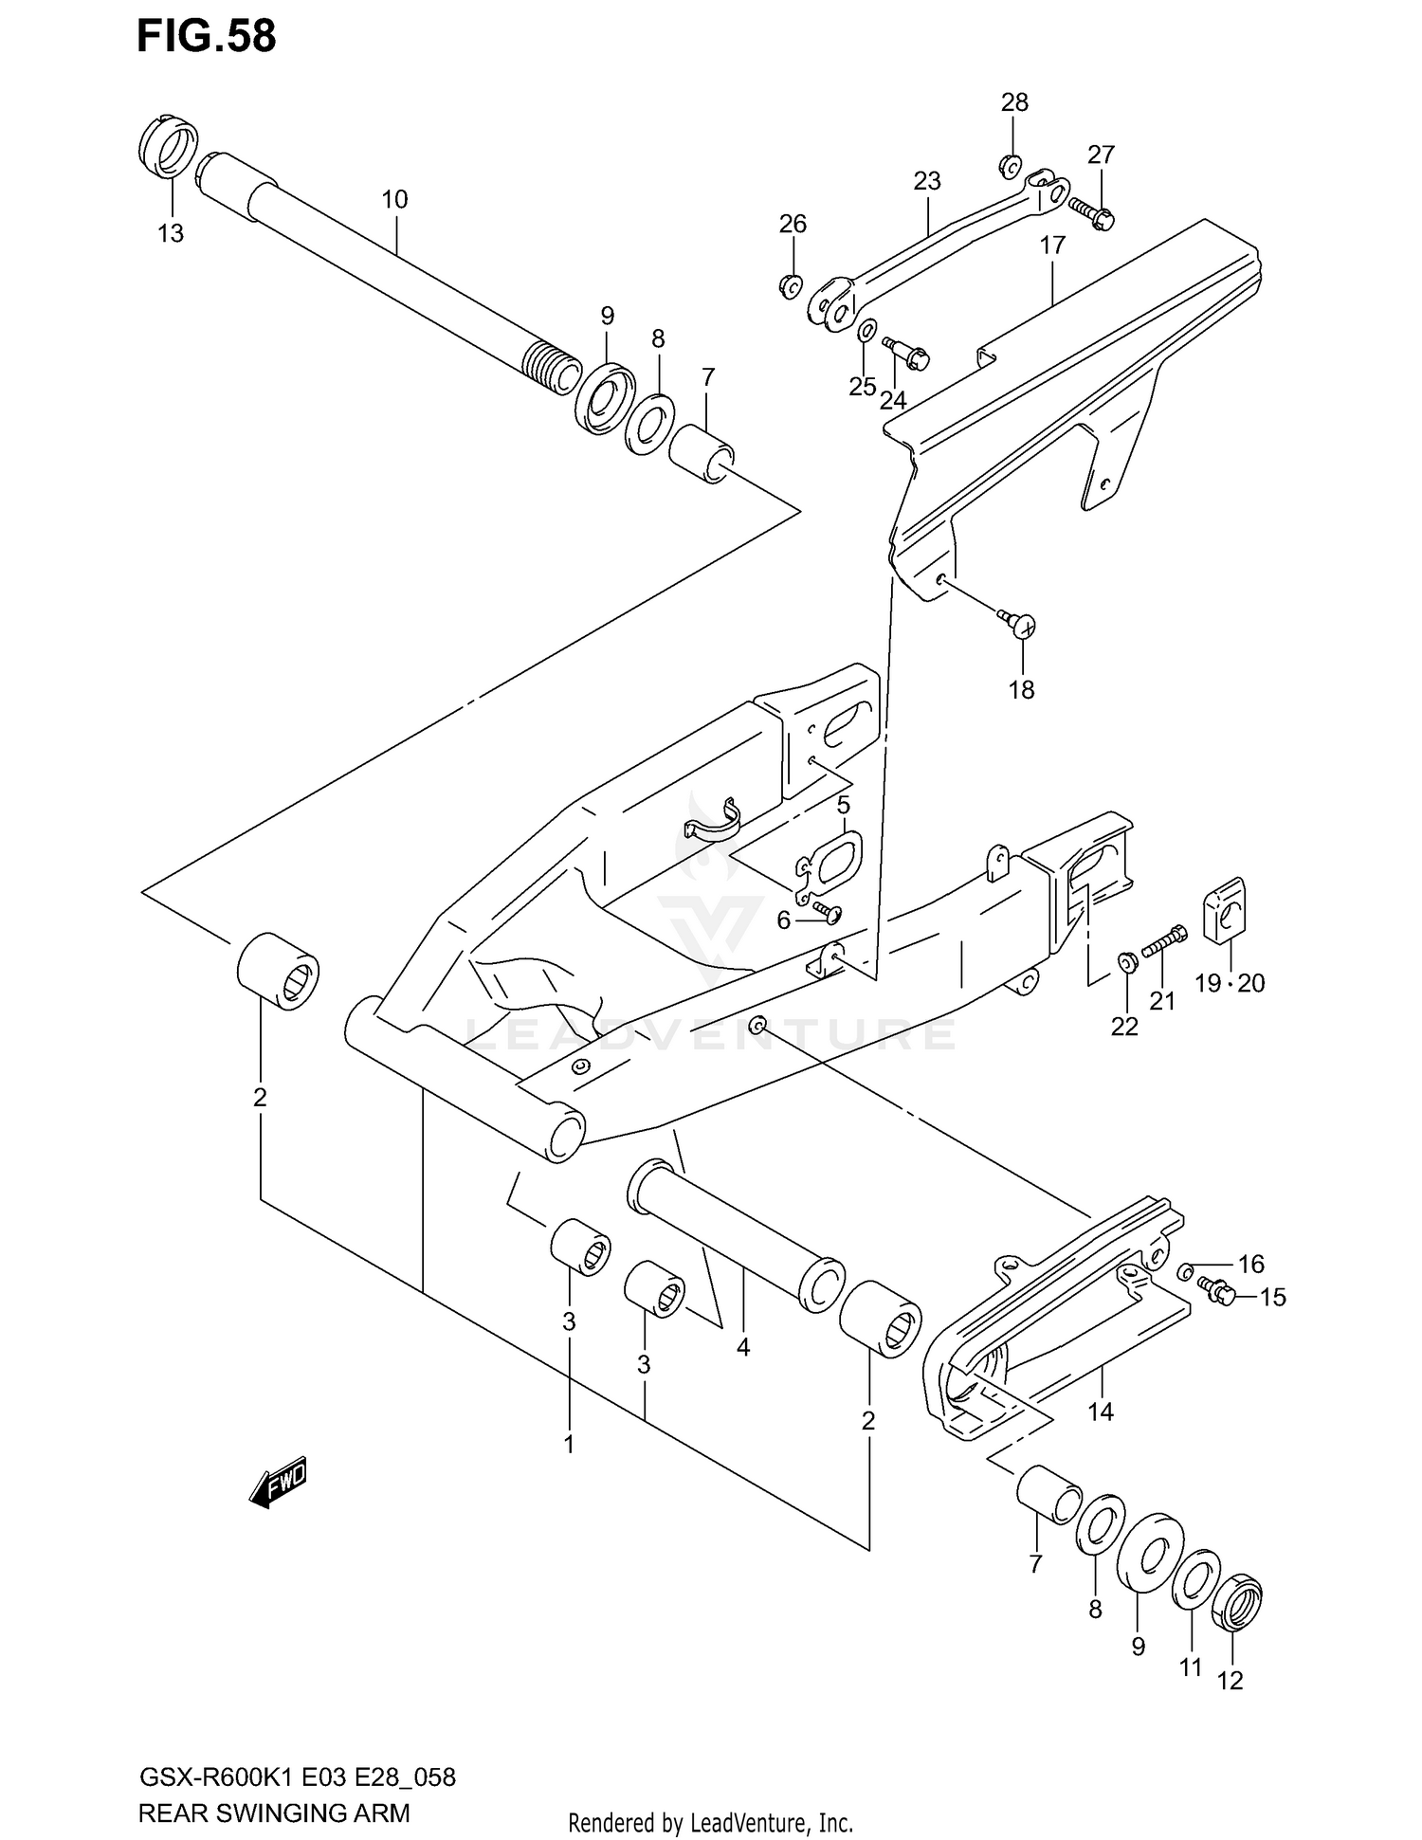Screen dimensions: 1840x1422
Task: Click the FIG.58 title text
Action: point(206,36)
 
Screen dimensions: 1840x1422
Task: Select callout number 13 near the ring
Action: point(171,233)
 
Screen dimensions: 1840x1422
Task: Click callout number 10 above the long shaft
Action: point(394,199)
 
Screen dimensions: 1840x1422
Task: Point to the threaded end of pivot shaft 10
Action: point(552,368)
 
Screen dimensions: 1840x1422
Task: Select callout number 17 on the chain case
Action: point(1052,246)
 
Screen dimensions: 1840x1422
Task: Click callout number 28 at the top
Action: point(1014,102)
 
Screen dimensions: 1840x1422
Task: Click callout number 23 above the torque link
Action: point(927,180)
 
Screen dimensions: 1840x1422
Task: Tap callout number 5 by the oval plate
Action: point(843,806)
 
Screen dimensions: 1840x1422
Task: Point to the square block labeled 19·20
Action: point(1225,912)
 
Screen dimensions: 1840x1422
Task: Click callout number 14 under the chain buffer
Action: point(1100,1412)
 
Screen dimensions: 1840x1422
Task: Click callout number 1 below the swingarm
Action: point(569,1446)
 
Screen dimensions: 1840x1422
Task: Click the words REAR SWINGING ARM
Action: point(274,1813)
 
